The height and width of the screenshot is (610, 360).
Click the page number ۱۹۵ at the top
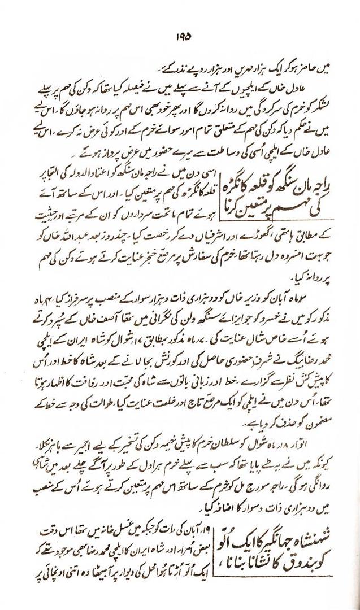click(180, 36)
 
